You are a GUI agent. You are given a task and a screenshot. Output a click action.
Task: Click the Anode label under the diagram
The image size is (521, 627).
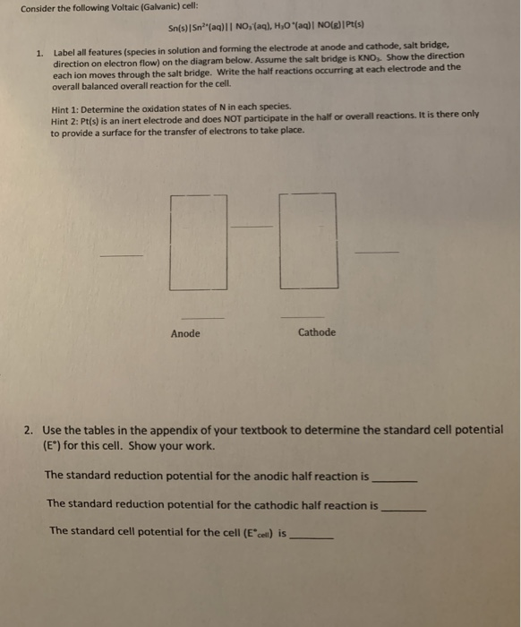point(185,333)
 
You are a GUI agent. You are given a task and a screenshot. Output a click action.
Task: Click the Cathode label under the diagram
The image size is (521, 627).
point(317,332)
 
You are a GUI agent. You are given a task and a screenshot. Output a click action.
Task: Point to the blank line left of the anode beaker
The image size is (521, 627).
point(120,256)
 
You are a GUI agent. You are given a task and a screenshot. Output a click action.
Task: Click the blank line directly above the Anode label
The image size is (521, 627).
point(203,317)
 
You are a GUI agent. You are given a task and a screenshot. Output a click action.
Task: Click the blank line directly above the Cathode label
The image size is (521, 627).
point(300,316)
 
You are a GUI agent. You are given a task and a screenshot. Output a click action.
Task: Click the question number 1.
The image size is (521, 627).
point(38,53)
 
